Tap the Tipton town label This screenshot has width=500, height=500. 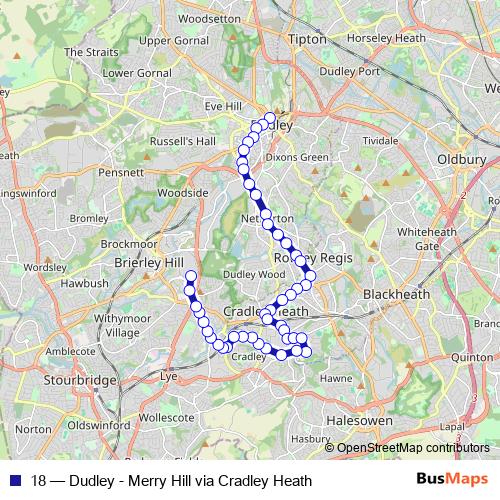pyautogui.click(x=307, y=39)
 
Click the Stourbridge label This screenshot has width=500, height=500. pyautogui.click(x=83, y=381)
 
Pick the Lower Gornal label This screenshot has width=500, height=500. pyautogui.click(x=131, y=73)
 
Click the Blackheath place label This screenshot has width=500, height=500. pyautogui.click(x=397, y=294)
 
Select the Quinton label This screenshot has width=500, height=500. pyautogui.click(x=472, y=356)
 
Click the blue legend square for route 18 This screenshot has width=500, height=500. pyautogui.click(x=13, y=480)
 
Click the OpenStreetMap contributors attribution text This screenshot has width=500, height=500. pyautogui.click(x=410, y=448)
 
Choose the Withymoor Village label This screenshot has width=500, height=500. pyautogui.click(x=123, y=325)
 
